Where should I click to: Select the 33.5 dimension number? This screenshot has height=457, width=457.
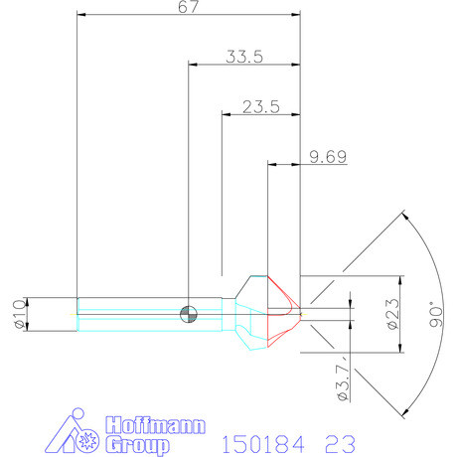click(x=243, y=57)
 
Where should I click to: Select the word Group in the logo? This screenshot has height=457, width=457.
click(x=131, y=444)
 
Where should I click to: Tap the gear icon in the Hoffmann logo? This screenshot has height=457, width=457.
click(x=86, y=438)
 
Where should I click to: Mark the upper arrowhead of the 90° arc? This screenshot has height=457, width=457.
click(x=403, y=215)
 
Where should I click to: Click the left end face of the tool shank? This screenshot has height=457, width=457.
click(x=77, y=312)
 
